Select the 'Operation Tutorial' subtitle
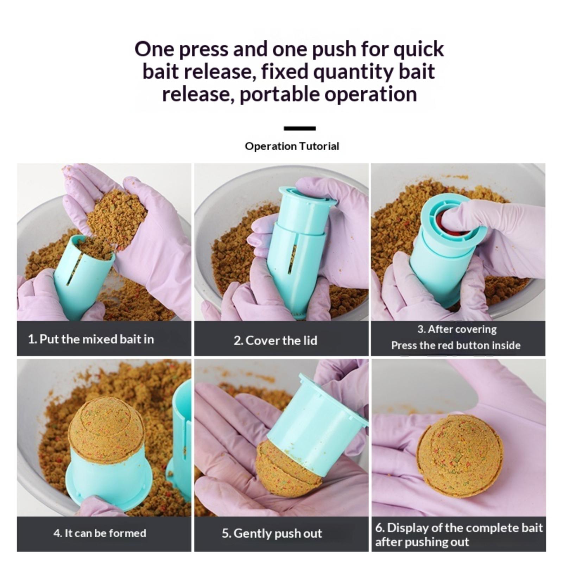292,146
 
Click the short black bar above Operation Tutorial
300,128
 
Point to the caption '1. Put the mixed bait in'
91,339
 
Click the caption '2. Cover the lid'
275,340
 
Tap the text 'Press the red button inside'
456,345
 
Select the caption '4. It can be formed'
100,533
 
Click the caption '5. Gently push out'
272,533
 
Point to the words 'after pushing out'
422,542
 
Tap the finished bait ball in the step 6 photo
460,455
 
